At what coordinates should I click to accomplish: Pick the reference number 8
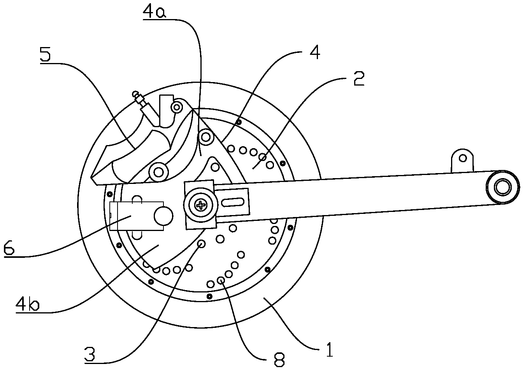pos(279,360)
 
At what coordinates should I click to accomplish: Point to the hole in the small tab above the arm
pos(462,158)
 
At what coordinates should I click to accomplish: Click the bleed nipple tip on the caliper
pos(135,93)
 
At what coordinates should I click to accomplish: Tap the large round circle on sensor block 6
pos(163,216)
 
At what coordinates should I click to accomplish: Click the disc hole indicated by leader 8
pos(221,280)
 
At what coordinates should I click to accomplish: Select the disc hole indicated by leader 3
pos(202,243)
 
